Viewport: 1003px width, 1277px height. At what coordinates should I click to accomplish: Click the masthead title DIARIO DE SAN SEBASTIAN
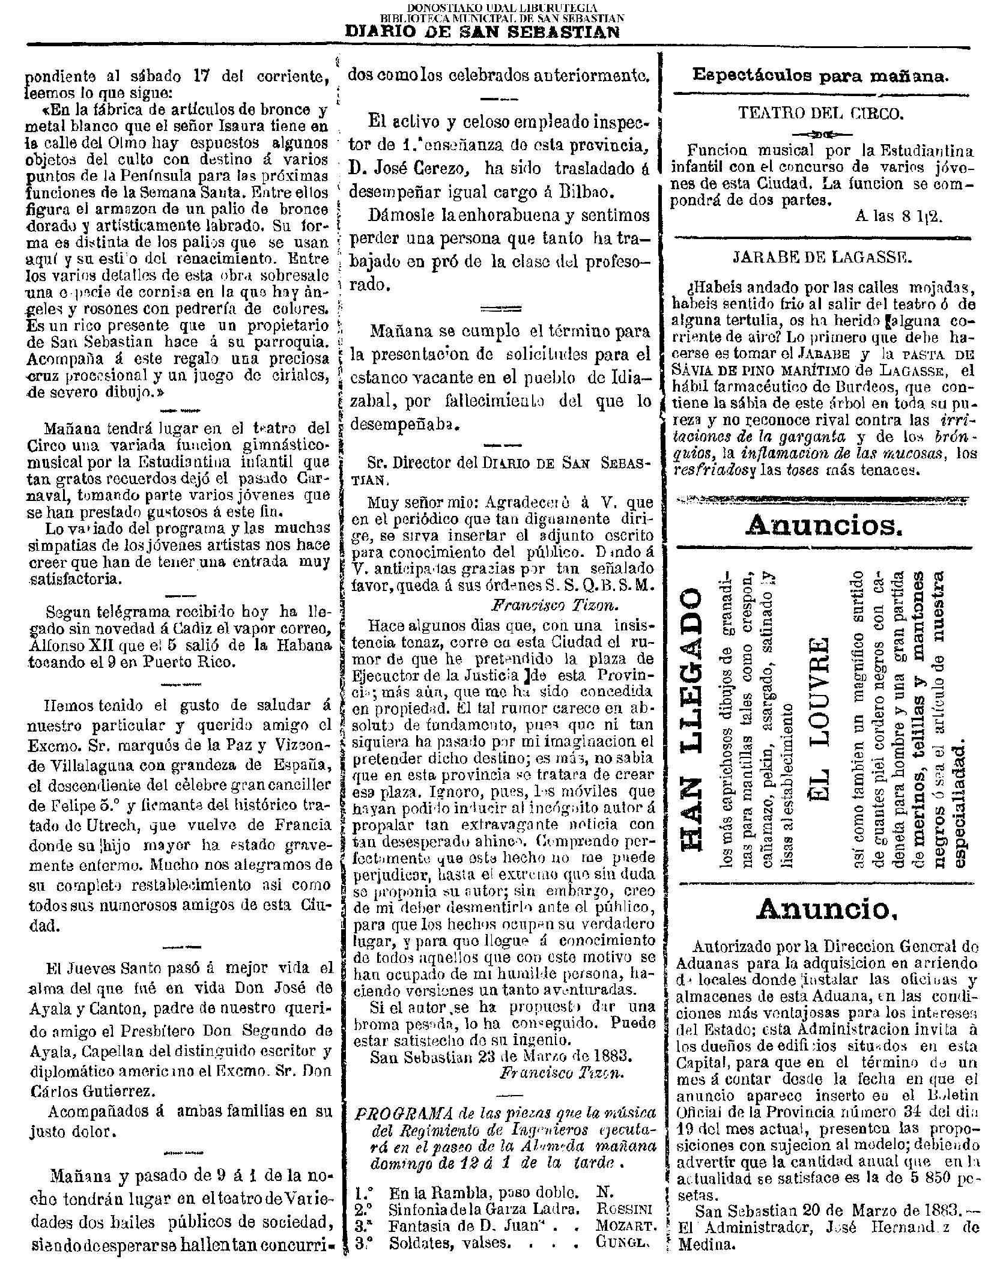coord(482,32)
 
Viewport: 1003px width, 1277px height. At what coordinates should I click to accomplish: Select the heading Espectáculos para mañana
coord(821,75)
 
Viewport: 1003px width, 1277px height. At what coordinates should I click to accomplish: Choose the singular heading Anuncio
coord(825,908)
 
